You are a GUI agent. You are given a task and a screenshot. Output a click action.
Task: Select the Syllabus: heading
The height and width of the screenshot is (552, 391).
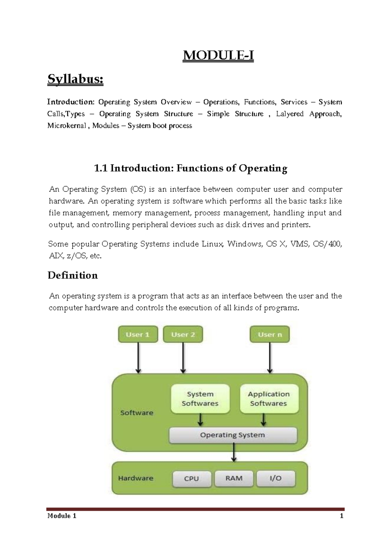pyautogui.click(x=75, y=79)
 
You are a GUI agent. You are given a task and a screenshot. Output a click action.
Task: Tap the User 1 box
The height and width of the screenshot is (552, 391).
pyautogui.click(x=138, y=335)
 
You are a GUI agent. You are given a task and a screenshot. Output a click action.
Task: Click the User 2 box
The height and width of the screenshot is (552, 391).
pyautogui.click(x=183, y=335)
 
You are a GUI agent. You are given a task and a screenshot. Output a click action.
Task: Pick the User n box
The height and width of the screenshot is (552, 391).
pyautogui.click(x=270, y=335)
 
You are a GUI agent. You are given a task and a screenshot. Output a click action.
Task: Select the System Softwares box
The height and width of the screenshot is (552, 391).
pyautogui.click(x=200, y=399)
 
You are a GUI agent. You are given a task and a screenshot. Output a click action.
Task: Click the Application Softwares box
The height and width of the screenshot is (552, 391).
pyautogui.click(x=269, y=399)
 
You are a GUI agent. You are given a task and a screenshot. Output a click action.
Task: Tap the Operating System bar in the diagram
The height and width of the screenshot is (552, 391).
pyautogui.click(x=233, y=435)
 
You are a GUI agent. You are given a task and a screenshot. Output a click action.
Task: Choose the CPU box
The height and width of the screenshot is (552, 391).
pyautogui.click(x=192, y=479)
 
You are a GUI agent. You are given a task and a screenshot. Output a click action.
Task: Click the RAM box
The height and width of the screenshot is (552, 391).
pyautogui.click(x=234, y=478)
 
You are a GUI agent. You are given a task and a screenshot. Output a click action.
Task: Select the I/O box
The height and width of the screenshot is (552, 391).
pyautogui.click(x=276, y=478)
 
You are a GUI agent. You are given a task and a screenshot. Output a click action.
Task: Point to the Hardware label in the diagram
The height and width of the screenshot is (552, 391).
pyautogui.click(x=136, y=478)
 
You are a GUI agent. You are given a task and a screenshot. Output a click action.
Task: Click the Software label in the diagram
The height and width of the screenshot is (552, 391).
pyautogui.click(x=137, y=413)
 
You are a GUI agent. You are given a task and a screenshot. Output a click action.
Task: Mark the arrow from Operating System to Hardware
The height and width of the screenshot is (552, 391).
pyautogui.click(x=234, y=453)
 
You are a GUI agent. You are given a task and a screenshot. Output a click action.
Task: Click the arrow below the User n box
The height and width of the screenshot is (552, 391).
pyautogui.click(x=270, y=358)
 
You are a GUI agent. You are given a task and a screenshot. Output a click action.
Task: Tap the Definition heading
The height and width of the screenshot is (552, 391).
pyautogui.click(x=73, y=275)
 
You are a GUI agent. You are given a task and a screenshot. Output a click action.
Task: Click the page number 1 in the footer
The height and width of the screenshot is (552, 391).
pyautogui.click(x=341, y=516)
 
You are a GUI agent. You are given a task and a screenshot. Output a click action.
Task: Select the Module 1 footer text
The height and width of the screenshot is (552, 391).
pyautogui.click(x=62, y=516)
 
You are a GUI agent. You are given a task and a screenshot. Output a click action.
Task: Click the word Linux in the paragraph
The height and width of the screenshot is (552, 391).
pyautogui.click(x=212, y=244)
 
